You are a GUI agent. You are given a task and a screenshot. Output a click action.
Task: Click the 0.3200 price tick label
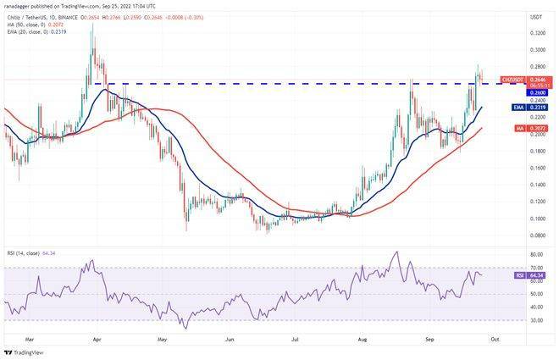pos(537,33)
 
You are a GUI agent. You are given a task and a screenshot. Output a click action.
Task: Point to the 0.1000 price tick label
pos(537,219)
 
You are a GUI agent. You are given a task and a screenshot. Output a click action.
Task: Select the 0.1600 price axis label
pos(537,168)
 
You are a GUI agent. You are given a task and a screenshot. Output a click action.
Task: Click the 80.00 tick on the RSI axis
pos(537,255)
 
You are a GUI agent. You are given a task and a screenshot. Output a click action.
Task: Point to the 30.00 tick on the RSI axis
pos(537,320)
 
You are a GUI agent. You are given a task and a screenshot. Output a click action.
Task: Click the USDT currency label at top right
pos(536,17)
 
